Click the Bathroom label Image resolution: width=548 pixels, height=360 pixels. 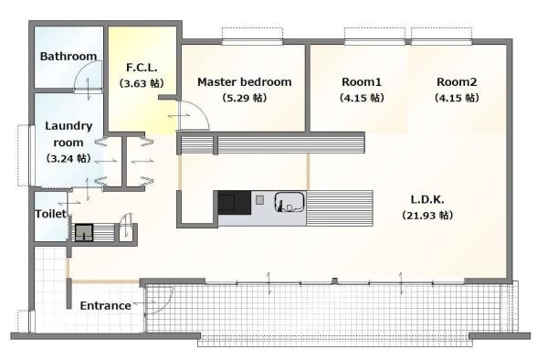[68, 57]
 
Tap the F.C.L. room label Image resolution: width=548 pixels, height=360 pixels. [142, 67]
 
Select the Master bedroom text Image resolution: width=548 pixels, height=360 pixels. [244, 82]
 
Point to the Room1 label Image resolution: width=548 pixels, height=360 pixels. [362, 82]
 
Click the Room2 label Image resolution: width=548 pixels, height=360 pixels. [457, 82]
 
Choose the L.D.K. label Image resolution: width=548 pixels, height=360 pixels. [427, 199]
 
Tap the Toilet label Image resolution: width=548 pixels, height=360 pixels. [50, 214]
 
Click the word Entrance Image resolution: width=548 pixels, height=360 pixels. [106, 306]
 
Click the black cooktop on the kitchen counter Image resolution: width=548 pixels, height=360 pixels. [235, 203]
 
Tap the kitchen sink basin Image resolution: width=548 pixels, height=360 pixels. [290, 202]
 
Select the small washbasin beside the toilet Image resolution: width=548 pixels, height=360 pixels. [84, 233]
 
